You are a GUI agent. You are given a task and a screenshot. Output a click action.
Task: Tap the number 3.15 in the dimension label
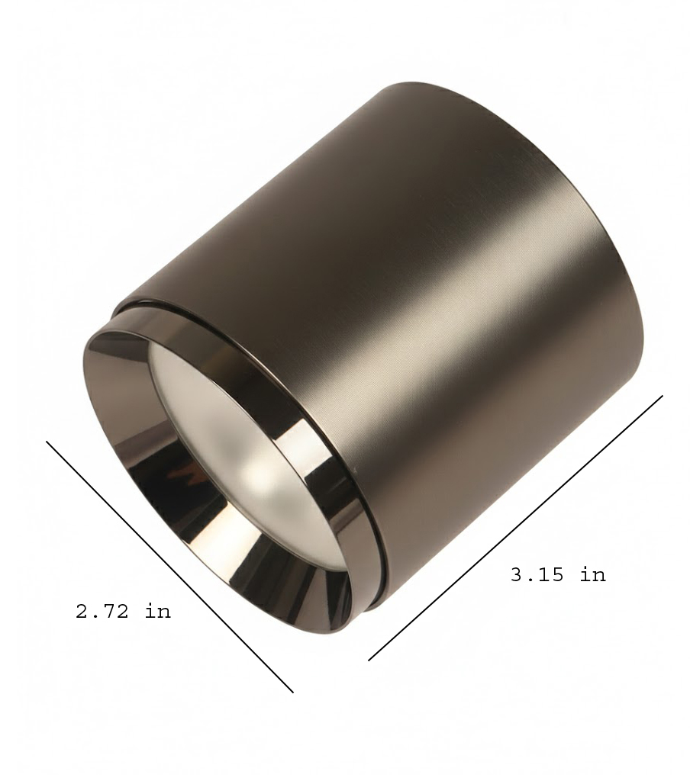[538, 575]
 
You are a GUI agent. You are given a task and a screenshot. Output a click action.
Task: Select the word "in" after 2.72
[158, 611]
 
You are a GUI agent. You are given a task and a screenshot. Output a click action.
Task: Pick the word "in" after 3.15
[593, 574]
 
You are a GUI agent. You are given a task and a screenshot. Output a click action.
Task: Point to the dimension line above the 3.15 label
[515, 528]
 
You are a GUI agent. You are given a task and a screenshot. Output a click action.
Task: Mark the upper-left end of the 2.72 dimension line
[47, 441]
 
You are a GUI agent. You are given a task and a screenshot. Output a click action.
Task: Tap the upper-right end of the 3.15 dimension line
[663, 396]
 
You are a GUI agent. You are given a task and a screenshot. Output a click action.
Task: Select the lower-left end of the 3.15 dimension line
[369, 661]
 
